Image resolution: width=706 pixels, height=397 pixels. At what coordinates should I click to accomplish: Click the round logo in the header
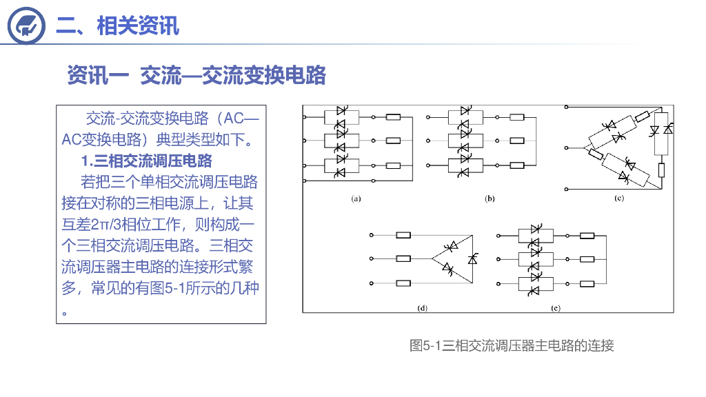coord(26,26)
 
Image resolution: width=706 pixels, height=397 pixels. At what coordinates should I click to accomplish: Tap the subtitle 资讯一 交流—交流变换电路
coord(196,75)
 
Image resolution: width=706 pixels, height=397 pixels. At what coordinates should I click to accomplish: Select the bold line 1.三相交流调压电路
coord(146,161)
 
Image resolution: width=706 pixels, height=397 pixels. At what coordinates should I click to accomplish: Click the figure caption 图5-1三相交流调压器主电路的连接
coord(511,345)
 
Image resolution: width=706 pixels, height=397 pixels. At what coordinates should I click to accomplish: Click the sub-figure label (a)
coord(356,198)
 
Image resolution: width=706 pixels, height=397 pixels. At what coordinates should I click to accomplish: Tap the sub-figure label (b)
coord(490,198)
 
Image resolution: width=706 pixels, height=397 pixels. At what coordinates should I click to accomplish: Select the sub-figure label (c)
coord(619,198)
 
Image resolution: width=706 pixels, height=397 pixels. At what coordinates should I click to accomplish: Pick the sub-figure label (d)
coord(422,308)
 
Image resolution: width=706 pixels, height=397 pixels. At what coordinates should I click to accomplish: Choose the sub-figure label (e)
coord(555,308)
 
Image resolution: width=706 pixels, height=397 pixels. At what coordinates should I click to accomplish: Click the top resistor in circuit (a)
coord(393,118)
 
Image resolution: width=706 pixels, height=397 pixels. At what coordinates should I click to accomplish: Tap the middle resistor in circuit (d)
coord(403,258)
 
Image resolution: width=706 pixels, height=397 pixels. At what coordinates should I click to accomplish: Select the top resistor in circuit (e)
coord(587,235)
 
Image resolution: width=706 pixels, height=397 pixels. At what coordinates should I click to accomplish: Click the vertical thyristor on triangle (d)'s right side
coord(472,258)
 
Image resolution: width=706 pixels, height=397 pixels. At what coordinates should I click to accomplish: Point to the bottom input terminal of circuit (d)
coord(372,283)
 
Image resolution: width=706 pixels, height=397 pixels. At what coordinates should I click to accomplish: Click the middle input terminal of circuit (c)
coord(566,147)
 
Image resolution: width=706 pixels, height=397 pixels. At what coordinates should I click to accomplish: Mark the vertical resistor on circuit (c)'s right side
coord(660,170)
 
